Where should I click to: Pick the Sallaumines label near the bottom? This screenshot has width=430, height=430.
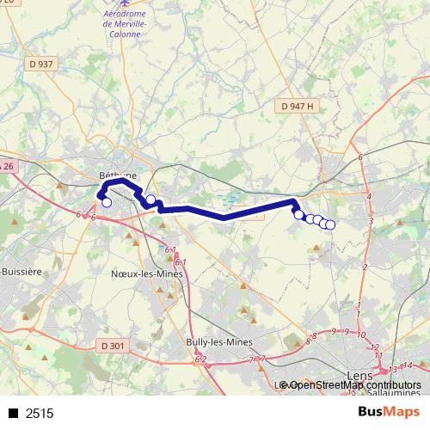click(x=396, y=392)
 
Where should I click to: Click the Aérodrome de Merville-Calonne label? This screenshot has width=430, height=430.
click(x=126, y=24)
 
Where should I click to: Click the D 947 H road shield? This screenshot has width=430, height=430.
click(x=298, y=105)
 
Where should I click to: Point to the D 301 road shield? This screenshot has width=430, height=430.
click(x=113, y=346)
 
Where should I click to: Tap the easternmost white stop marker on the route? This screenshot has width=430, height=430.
click(x=330, y=225)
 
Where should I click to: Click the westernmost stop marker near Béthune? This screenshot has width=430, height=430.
click(x=107, y=203)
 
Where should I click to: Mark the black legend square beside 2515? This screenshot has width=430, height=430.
click(x=14, y=414)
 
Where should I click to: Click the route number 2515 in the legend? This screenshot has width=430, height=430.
click(x=40, y=414)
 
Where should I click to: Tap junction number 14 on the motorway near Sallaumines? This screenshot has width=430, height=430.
click(x=408, y=365)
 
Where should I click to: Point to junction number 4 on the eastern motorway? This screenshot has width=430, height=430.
click(x=368, y=197)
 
